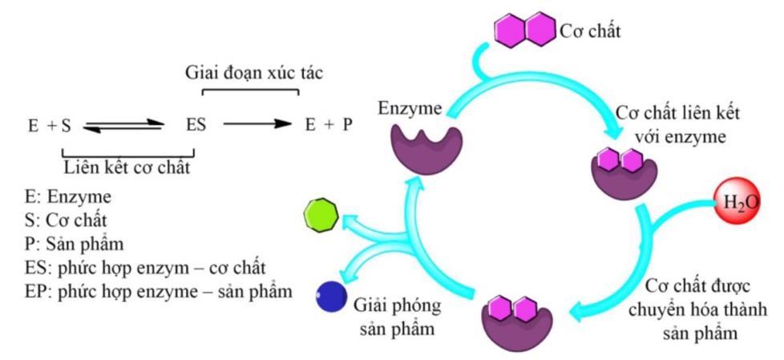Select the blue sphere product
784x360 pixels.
click(x=330, y=297)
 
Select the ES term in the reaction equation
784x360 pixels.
click(x=196, y=125)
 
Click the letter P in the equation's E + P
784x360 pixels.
click(x=347, y=125)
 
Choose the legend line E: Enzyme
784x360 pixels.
click(x=68, y=197)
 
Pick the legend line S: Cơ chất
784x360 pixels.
click(x=67, y=220)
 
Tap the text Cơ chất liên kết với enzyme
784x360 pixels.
click(x=677, y=123)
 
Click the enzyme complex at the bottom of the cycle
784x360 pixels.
click(x=514, y=319)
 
